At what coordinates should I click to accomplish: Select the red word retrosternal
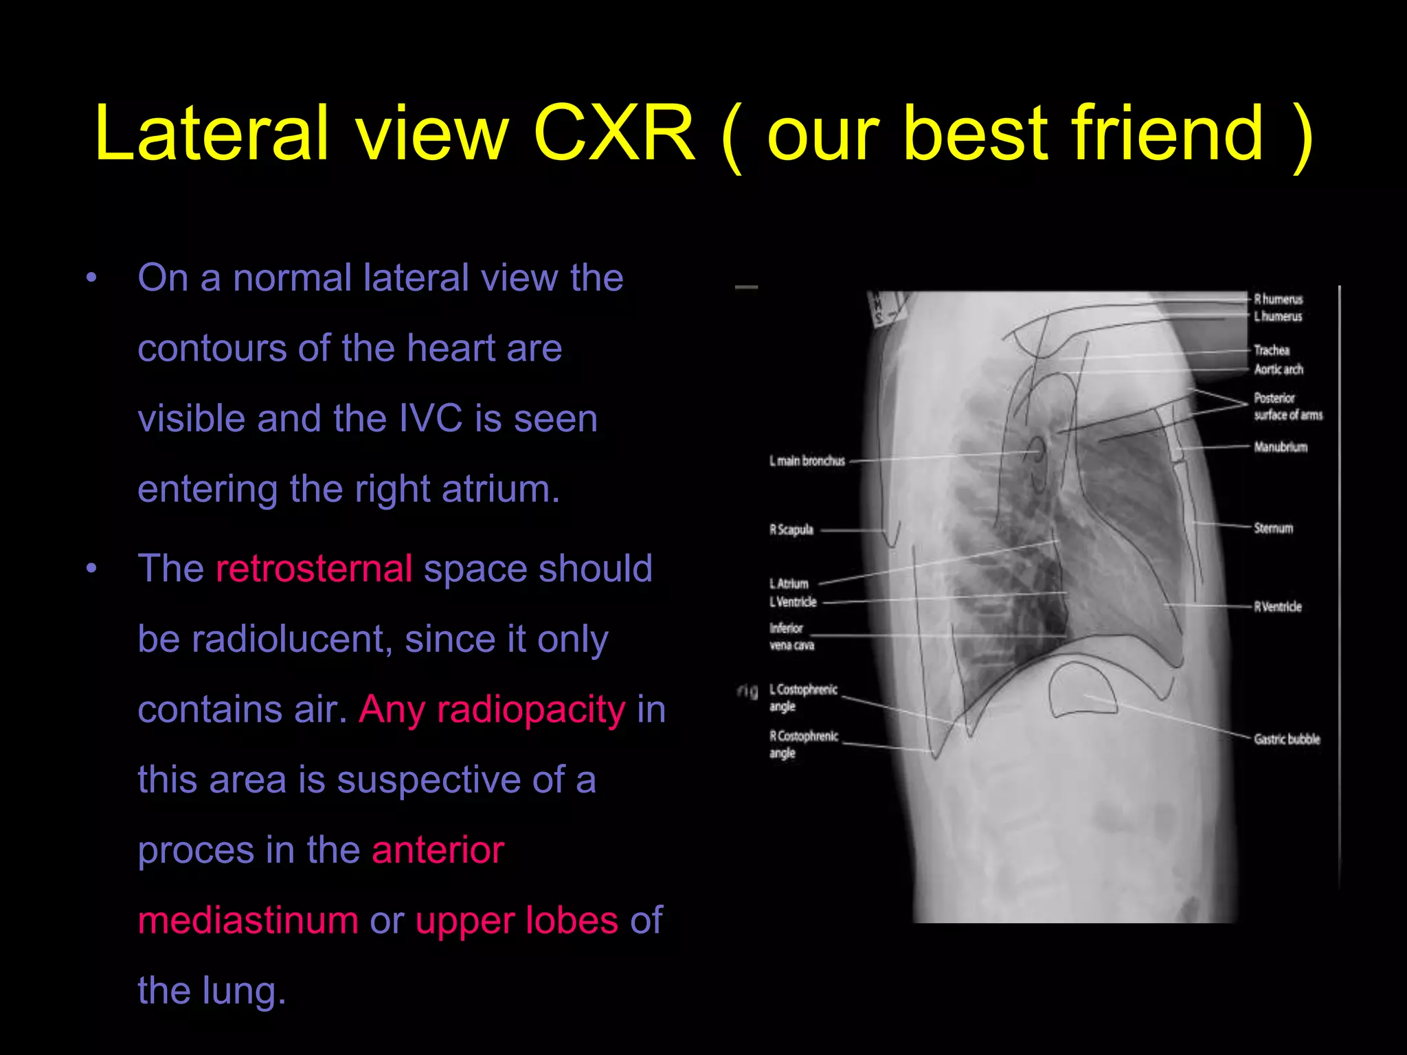pos(313,569)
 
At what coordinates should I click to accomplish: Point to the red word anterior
pos(438,850)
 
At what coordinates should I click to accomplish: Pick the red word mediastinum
pos(247,920)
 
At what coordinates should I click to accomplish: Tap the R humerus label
pos(1278,299)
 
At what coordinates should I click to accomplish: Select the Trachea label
pos(1272,350)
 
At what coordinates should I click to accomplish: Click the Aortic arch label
pos(1279,370)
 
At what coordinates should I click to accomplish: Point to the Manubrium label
pos(1281,447)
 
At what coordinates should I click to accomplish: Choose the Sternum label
pos(1273,528)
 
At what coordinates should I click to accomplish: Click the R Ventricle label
pos(1277,606)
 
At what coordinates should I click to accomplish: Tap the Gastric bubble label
pos(1287,739)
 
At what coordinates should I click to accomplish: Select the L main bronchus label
pos(807,461)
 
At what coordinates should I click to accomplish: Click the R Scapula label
pos(791,530)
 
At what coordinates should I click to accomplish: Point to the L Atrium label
pos(789,584)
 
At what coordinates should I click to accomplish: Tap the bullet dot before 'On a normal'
pos(91,278)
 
